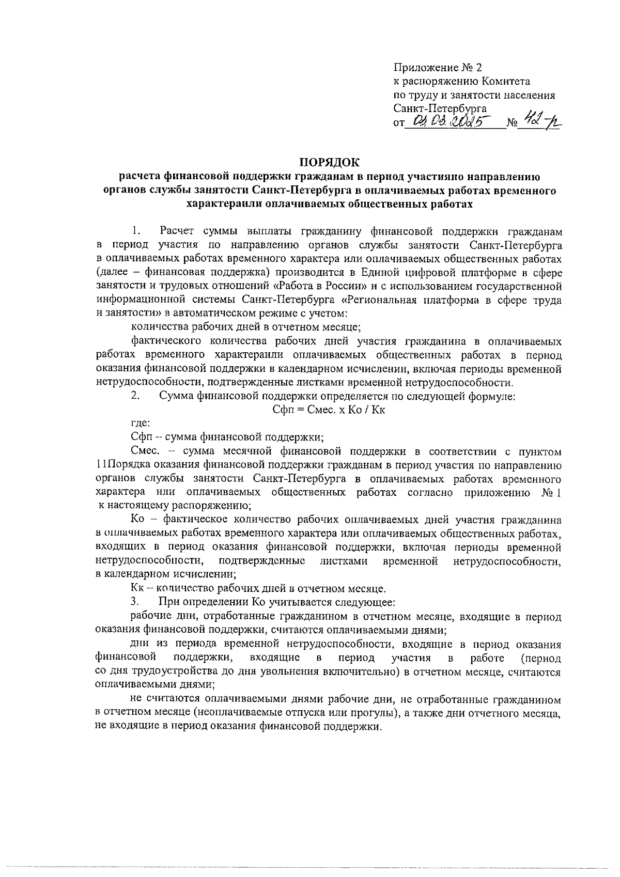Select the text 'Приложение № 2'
pyautogui.click(x=437, y=68)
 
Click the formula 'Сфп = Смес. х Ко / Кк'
pyautogui.click(x=329, y=410)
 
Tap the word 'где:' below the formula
pyautogui.click(x=141, y=424)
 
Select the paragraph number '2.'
pyautogui.click(x=135, y=396)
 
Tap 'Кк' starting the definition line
pyautogui.click(x=137, y=588)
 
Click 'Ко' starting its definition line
pyautogui.click(x=138, y=519)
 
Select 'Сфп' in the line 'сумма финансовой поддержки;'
pyautogui.click(x=141, y=437)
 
